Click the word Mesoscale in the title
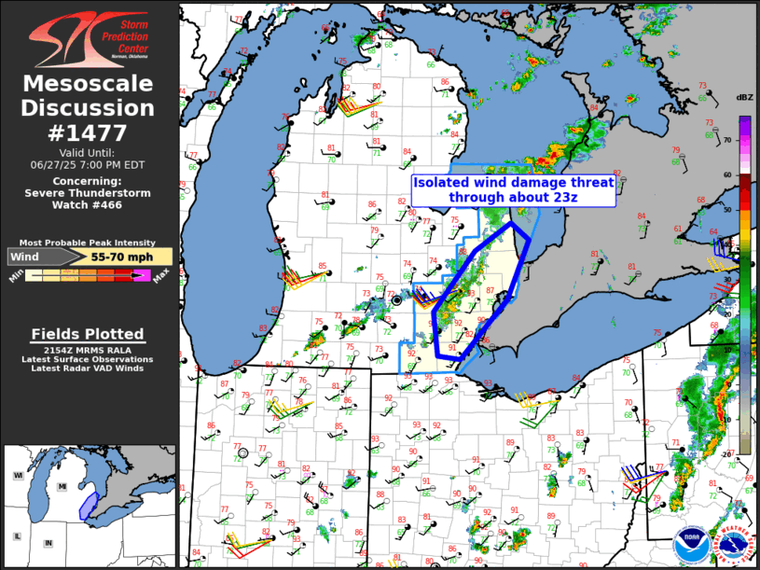(x=89, y=85)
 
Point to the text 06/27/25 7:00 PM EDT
(x=89, y=163)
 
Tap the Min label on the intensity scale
(x=16, y=276)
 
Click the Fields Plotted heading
(x=88, y=334)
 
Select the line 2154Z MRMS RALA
(x=88, y=348)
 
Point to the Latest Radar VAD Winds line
(x=88, y=368)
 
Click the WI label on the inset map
(x=18, y=476)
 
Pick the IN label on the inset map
(x=48, y=542)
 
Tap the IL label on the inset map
(x=18, y=536)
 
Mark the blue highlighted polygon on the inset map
(x=88, y=505)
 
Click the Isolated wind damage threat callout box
(x=513, y=190)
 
